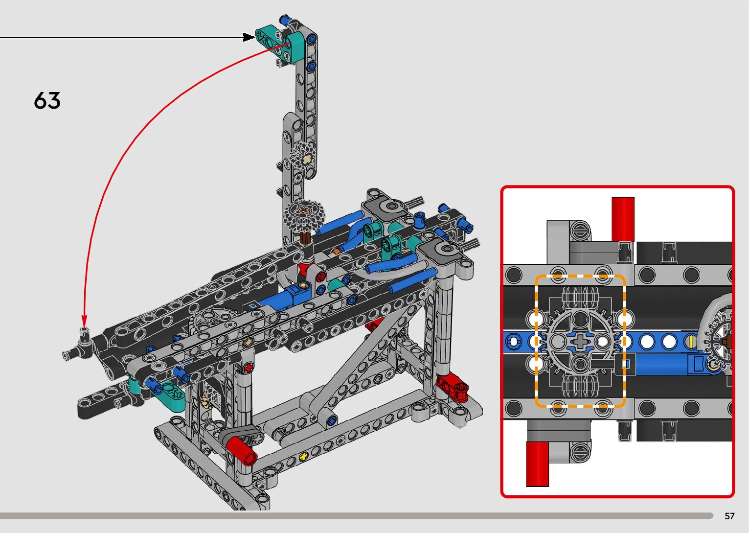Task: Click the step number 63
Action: tap(47, 100)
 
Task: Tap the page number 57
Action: tap(729, 516)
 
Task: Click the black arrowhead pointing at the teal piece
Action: tap(249, 37)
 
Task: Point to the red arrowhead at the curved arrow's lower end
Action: tap(84, 321)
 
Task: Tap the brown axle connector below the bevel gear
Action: tap(305, 238)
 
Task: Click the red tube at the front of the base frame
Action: tap(241, 451)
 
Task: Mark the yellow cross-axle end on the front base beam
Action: tap(304, 456)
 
